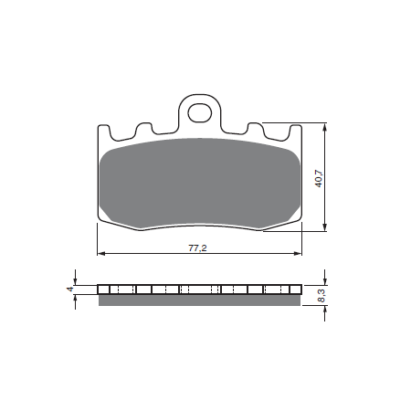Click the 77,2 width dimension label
click(197, 248)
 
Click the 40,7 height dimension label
click(319, 178)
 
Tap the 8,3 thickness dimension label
click(321, 296)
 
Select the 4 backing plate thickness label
click(70, 289)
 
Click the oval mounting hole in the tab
click(199, 113)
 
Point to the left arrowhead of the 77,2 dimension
click(100, 253)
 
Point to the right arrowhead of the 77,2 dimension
click(298, 253)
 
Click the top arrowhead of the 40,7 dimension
click(325, 127)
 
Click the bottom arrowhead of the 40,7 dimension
click(325, 227)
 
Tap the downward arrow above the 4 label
click(75, 278)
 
